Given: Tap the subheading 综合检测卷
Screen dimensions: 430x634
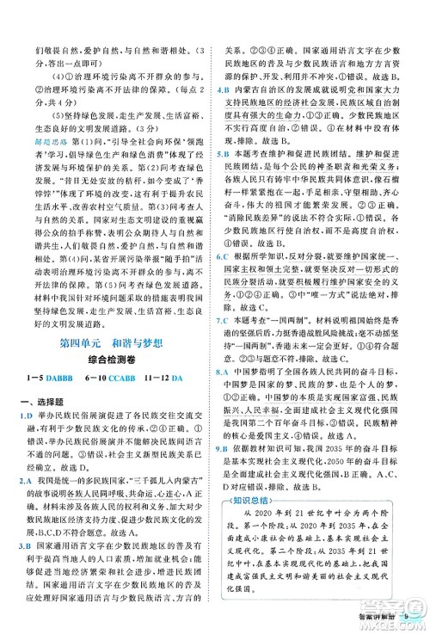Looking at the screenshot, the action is (113, 362).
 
